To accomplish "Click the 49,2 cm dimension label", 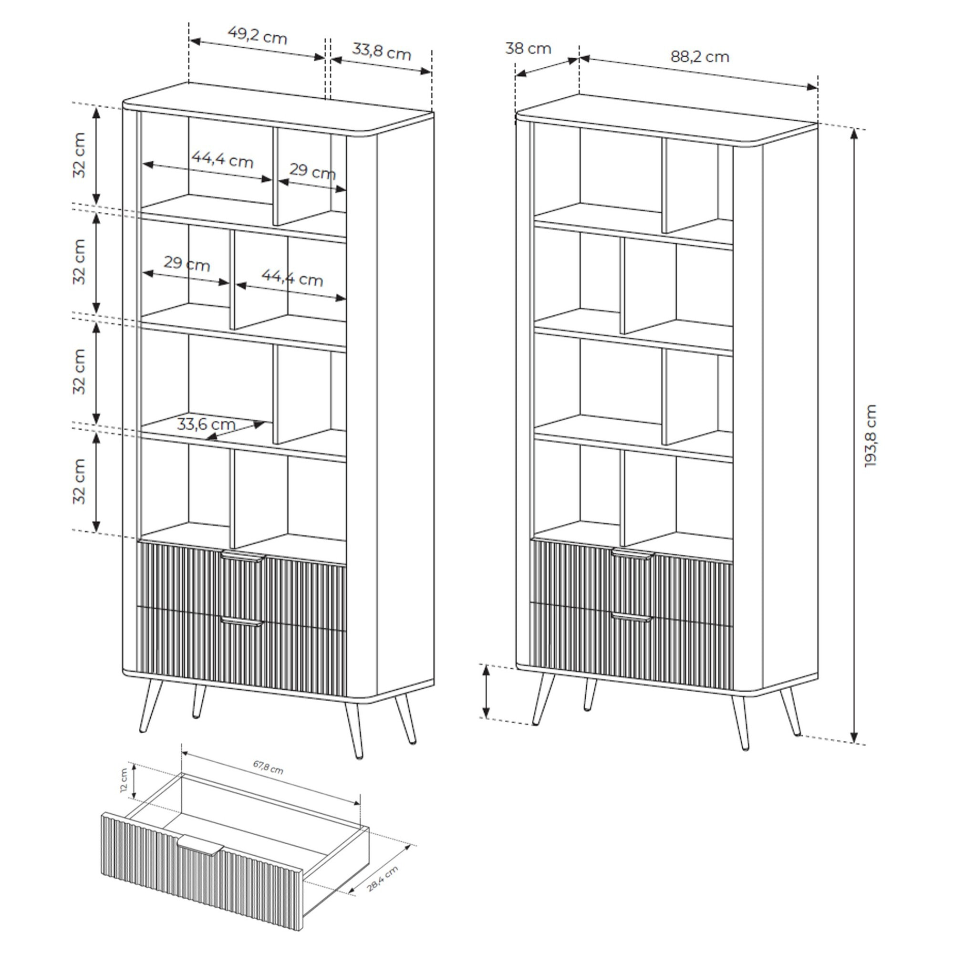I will [257, 36].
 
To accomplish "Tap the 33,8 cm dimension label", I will [381, 52].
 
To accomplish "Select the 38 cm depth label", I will [528, 49].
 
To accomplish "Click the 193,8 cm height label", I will [871, 436].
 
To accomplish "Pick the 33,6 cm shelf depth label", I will [206, 424].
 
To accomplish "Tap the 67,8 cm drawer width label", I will [268, 767].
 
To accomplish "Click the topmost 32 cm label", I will [80, 155].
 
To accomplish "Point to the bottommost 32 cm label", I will [80, 481].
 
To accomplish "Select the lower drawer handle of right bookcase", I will [632, 617].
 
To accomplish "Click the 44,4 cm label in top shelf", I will [222, 160].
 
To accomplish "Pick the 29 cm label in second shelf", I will [187, 264].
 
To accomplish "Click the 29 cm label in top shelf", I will [312, 171].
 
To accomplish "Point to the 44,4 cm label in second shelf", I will [292, 279].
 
